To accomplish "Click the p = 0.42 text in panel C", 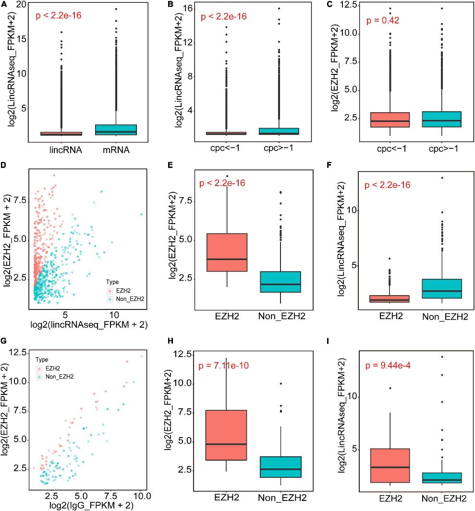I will coord(383,21).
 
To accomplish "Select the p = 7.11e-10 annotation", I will coord(227,367).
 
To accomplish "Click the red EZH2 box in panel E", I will coord(226,252).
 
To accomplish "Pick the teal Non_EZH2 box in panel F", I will coord(441,288).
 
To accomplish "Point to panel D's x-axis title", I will coord(88,325).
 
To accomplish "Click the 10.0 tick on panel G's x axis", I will coord(141,495).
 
